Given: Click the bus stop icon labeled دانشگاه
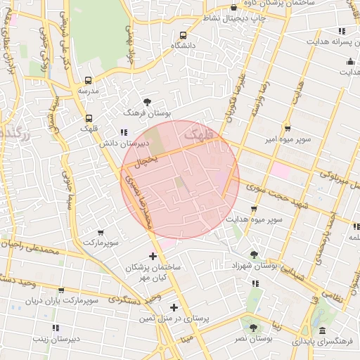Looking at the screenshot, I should click(x=183, y=35).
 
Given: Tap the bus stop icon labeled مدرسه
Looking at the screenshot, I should click(x=88, y=80).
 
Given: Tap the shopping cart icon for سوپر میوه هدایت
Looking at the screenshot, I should click(x=254, y=210).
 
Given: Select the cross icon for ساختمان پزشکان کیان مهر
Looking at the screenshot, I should click(x=153, y=256).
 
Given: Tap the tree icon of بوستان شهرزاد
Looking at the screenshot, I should click(x=254, y=255).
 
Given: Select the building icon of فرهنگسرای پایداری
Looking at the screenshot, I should click(x=322, y=330).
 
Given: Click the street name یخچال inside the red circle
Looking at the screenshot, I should click(x=146, y=161).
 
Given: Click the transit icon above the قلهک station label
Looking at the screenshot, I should click(x=88, y=118).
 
